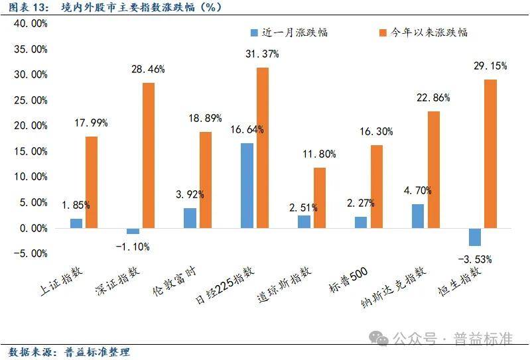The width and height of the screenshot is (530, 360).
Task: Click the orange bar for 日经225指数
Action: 263,148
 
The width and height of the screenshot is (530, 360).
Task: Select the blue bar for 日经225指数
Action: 247,186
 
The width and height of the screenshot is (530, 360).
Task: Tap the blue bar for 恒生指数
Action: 474,237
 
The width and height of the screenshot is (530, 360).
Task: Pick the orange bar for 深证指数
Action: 149,155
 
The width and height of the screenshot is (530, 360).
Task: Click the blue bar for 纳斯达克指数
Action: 417,216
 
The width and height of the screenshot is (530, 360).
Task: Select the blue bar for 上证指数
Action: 76,223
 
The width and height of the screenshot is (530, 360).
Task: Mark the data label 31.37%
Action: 263,55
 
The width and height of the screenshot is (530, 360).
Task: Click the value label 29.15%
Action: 491,66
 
